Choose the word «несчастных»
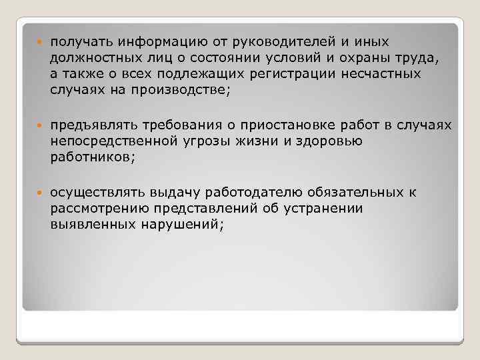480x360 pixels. pos(388,74)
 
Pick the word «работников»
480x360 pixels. pos(89,157)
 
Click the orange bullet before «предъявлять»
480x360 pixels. pos(40,127)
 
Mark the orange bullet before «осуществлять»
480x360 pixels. pos(40,194)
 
